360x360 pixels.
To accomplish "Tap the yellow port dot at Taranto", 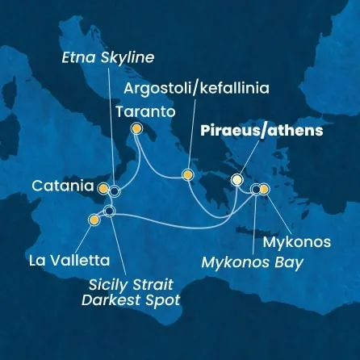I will (136, 128).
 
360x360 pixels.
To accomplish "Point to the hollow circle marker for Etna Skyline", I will (115, 191).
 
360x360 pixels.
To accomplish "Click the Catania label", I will (62, 186).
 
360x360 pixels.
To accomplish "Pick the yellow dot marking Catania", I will (103, 188).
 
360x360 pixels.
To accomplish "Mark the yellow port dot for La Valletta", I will (94, 219).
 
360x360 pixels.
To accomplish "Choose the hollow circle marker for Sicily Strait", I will (110, 211).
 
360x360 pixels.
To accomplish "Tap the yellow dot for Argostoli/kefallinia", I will (187, 174).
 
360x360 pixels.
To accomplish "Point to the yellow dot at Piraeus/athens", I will (237, 179).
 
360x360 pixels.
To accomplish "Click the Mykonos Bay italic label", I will (253, 263).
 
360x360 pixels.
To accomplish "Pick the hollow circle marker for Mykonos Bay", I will (255, 190).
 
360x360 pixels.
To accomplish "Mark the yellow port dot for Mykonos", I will (264, 190).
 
